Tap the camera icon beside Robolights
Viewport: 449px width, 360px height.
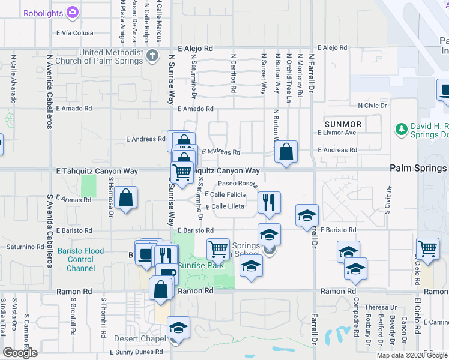[x=73, y=11]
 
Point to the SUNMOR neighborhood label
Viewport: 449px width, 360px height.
[x=343, y=124]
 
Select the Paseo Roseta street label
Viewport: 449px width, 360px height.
[x=238, y=184]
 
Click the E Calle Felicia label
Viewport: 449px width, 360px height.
[x=225, y=194]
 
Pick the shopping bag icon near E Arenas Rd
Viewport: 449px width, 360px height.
[x=126, y=198]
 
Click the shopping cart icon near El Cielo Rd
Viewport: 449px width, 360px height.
[x=427, y=248]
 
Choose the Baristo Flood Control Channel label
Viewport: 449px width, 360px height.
[x=81, y=259]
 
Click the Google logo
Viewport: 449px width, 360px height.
[x=20, y=353]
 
